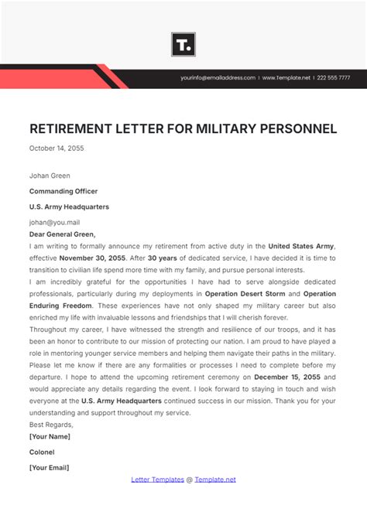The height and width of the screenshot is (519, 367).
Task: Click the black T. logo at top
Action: [183, 44]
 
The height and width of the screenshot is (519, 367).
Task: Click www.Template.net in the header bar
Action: [286, 78]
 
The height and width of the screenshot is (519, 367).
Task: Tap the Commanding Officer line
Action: [63, 191]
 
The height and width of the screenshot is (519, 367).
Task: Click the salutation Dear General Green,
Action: [63, 234]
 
